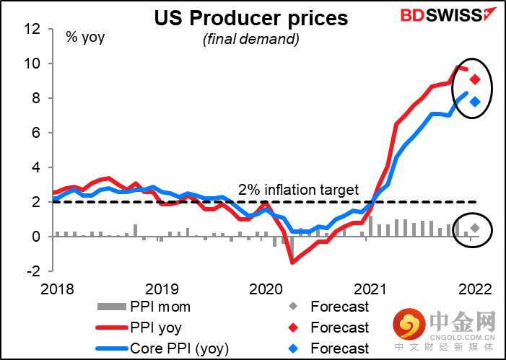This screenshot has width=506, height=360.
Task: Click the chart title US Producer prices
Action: click(x=250, y=18)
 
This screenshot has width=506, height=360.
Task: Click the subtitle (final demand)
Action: click(x=250, y=40)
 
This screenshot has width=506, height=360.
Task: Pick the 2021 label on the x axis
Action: click(x=369, y=289)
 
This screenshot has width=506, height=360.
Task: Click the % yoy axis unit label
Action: click(x=86, y=36)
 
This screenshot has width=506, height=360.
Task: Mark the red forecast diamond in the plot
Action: click(x=475, y=79)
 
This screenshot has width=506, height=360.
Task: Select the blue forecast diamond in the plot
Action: click(x=475, y=102)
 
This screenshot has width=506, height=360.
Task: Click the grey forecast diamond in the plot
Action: click(x=475, y=229)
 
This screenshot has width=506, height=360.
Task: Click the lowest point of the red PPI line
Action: click(x=292, y=263)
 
